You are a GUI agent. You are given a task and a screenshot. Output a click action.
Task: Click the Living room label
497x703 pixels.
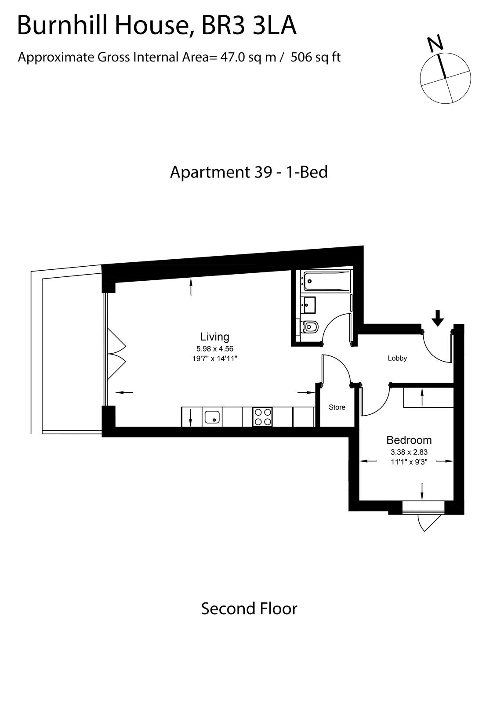215,337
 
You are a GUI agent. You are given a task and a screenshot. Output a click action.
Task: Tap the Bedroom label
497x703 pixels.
409,440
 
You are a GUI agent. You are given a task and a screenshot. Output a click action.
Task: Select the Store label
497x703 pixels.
337,407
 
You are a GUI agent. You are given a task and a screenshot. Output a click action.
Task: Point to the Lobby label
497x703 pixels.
397,358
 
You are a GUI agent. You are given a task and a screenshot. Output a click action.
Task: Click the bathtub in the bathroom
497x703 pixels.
327,282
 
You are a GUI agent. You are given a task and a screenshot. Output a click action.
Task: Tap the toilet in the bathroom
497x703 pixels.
310,327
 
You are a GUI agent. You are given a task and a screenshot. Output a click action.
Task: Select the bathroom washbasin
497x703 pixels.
308,305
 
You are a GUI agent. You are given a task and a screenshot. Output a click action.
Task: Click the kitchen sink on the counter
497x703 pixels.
212,417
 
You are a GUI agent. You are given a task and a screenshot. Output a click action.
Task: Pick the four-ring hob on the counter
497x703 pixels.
262,417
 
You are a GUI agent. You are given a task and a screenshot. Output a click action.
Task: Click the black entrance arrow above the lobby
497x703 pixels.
437,319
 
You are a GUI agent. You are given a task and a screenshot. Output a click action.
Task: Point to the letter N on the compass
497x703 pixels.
436,43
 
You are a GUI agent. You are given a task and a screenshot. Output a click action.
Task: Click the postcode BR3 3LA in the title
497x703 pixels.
248,26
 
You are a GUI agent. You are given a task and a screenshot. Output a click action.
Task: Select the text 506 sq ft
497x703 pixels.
316,58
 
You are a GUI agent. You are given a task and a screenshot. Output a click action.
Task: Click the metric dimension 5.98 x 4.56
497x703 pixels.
215,349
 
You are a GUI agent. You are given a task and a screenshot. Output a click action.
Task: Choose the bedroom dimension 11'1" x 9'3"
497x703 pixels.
409,462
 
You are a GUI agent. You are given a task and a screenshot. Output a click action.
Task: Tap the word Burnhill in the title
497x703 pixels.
64,26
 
